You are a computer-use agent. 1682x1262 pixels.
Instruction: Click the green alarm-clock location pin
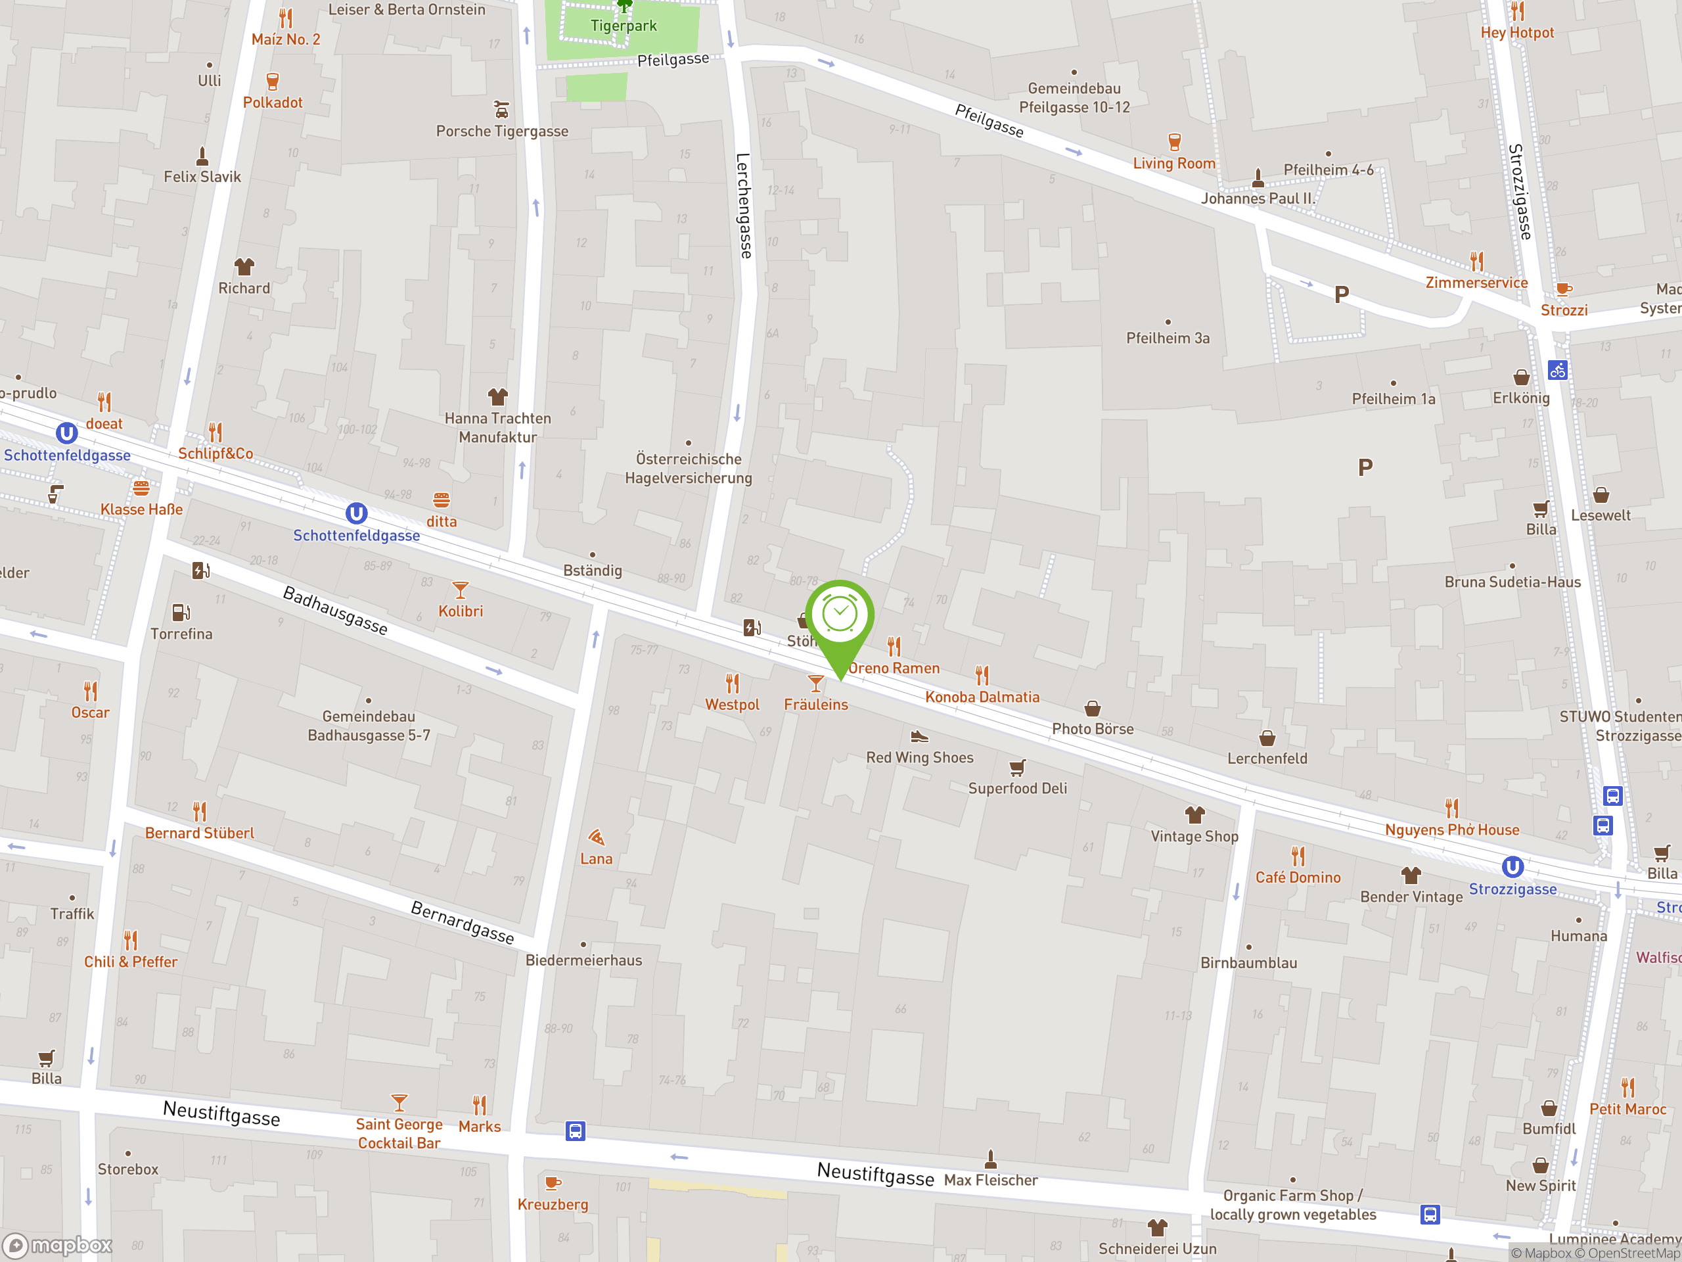[x=840, y=616]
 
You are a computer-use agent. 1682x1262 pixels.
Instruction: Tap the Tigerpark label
[x=624, y=26]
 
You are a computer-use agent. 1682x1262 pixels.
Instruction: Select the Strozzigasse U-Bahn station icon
[x=1512, y=867]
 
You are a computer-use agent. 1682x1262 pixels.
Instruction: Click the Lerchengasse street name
[x=744, y=205]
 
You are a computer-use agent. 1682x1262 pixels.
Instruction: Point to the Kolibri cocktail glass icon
[x=460, y=590]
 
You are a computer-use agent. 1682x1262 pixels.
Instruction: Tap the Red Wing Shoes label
[x=919, y=758]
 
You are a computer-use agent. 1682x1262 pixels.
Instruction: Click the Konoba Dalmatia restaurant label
[x=982, y=697]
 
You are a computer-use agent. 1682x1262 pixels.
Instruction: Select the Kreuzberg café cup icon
[x=553, y=1184]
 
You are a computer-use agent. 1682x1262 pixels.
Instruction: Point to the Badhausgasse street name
[x=335, y=610]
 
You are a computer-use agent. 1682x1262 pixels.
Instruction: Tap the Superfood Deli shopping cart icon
[x=1017, y=767]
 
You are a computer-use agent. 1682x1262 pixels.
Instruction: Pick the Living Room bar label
[x=1174, y=163]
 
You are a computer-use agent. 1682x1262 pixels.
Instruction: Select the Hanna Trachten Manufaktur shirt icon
[x=498, y=396]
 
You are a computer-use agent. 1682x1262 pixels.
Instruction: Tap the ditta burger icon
[x=442, y=500]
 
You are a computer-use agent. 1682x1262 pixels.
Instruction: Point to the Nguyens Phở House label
[x=1451, y=830]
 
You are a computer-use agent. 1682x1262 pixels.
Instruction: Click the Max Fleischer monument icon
[x=990, y=1159]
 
